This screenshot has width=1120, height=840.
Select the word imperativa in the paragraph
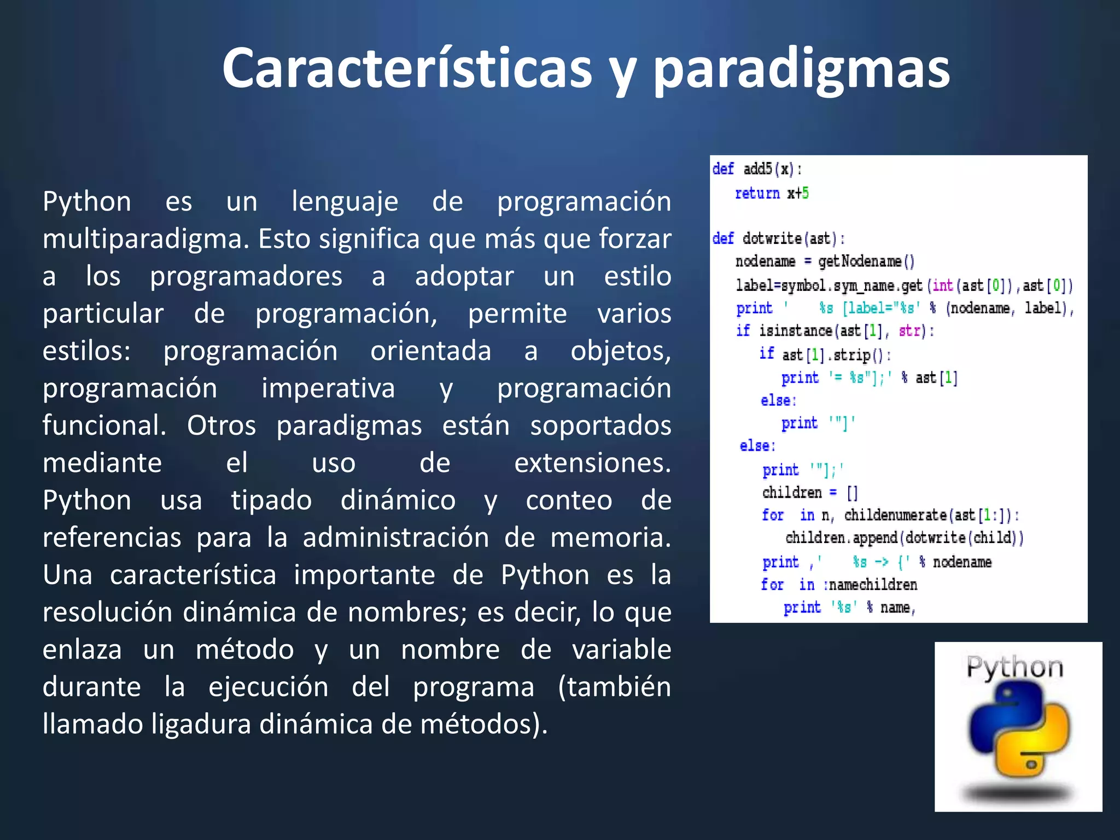pyautogui.click(x=328, y=389)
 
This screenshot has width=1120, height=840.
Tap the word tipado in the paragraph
pyautogui.click(x=271, y=500)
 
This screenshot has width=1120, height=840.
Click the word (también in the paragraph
pyautogui.click(x=614, y=687)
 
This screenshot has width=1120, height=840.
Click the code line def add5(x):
pyautogui.click(x=757, y=169)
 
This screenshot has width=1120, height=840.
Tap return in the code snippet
pyautogui.click(x=757, y=193)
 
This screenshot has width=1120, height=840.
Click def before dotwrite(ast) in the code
pyautogui.click(x=723, y=238)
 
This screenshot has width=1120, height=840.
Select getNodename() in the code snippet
pyautogui.click(x=866, y=261)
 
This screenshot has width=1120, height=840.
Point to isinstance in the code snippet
pyautogui.click(x=796, y=331)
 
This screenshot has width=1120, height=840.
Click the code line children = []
pyautogui.click(x=810, y=493)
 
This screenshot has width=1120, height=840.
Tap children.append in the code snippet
pyautogui.click(x=841, y=538)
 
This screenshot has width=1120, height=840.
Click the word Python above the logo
pyautogui.click(x=1015, y=667)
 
